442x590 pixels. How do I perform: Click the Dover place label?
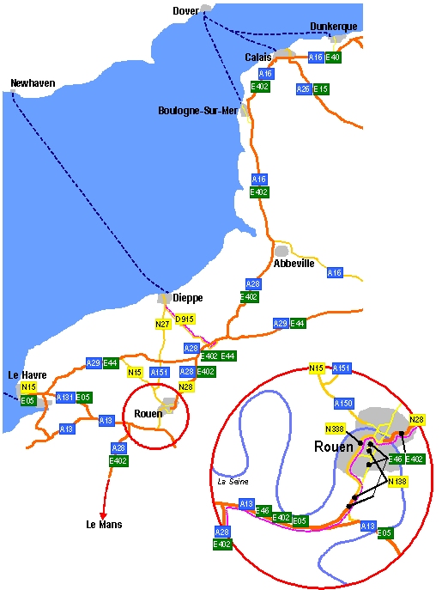point(186,11)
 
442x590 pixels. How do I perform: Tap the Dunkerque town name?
point(334,27)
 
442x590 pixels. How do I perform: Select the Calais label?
point(258,58)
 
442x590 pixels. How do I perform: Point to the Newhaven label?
point(33,82)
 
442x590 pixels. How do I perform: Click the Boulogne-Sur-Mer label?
point(198,111)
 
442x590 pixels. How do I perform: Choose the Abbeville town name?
point(294,264)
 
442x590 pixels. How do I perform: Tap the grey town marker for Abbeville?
point(282,251)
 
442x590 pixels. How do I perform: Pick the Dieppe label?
point(188,298)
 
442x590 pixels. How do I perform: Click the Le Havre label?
point(27,374)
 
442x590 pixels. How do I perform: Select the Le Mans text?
point(104,524)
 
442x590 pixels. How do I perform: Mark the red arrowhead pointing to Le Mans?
point(103,516)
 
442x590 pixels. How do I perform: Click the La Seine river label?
point(233,481)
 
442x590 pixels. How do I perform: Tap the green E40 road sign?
point(333,58)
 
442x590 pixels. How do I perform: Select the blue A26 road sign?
point(304,89)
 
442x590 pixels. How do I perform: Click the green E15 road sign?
point(321,89)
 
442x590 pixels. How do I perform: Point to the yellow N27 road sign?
point(163,325)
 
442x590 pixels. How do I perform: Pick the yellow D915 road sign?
point(185,319)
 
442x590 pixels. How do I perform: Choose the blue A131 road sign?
point(65,398)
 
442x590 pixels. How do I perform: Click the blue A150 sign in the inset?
point(343,404)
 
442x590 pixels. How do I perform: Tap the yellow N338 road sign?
point(335,429)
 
